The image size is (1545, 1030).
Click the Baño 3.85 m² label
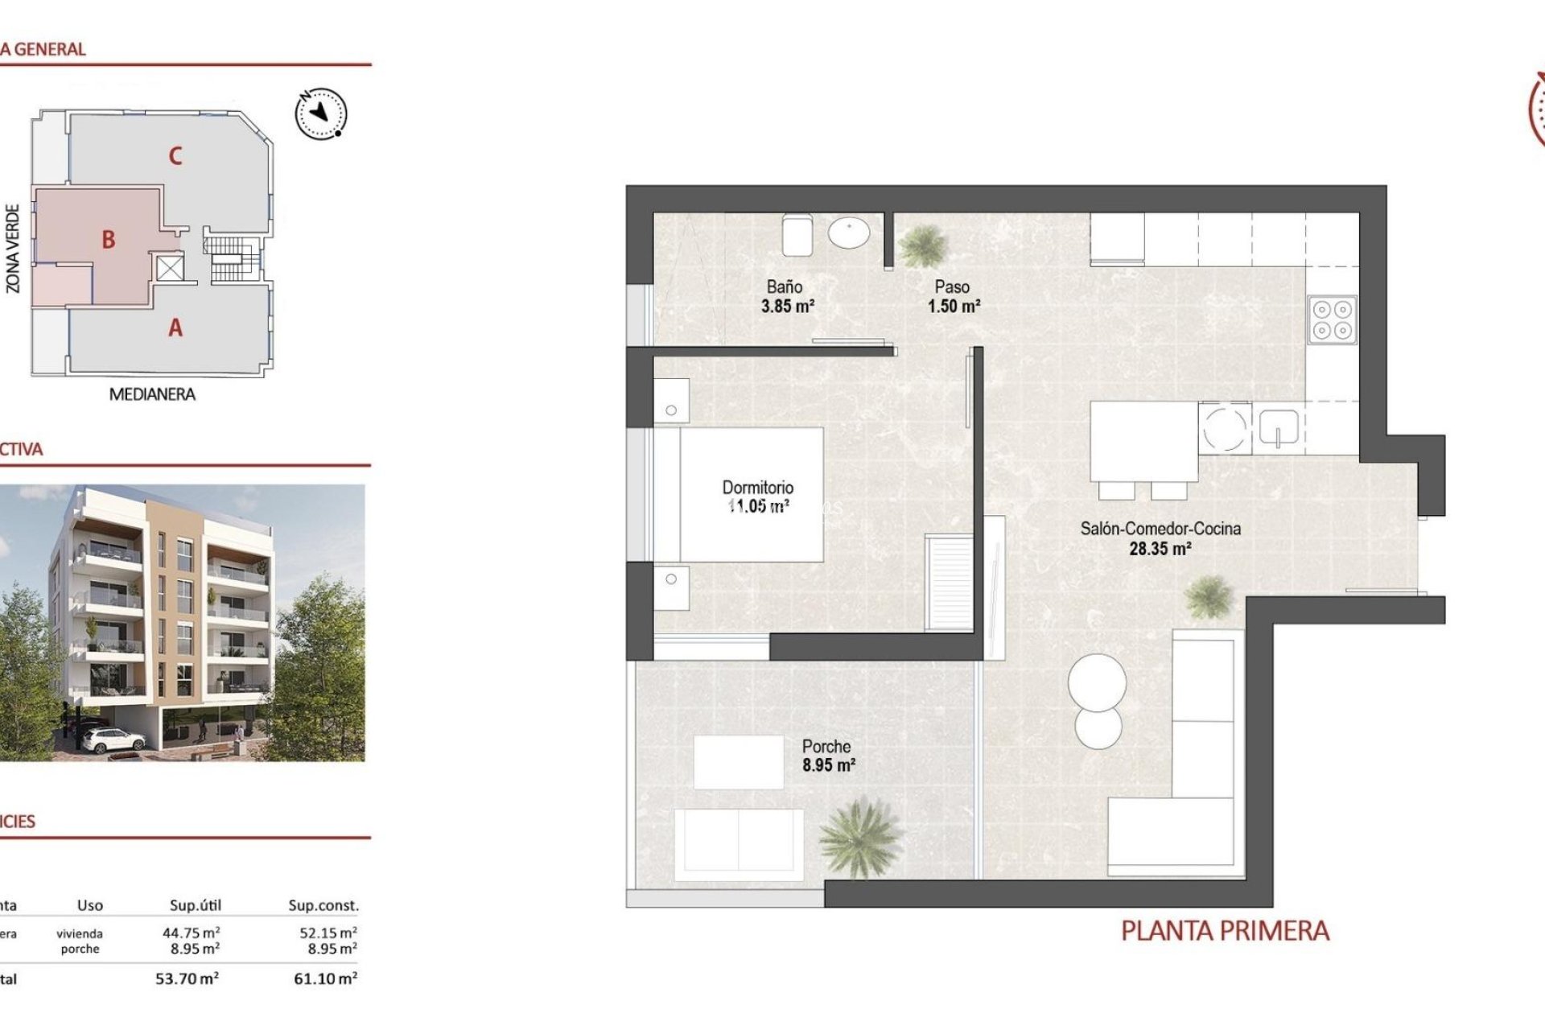tap(786, 296)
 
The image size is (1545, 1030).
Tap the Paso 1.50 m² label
tap(953, 296)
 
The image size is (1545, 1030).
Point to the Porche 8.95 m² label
tap(827, 756)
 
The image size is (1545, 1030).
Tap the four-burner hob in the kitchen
tap(1332, 320)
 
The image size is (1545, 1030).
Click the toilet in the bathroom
tap(797, 234)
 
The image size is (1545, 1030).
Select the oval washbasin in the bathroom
tap(849, 234)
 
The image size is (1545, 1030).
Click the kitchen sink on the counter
tap(1278, 427)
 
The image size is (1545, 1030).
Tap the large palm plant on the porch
tap(859, 838)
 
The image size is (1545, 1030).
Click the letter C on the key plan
tap(175, 156)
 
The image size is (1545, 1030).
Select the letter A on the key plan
tap(175, 328)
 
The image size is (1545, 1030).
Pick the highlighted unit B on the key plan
tap(108, 240)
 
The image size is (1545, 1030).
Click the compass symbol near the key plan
tap(321, 113)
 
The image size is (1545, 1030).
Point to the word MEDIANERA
tap(152, 394)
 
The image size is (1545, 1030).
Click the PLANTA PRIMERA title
tap(1224, 931)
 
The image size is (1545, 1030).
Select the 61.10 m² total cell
tap(325, 979)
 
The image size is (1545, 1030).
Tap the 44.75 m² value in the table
tap(191, 933)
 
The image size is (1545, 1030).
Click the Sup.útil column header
tap(195, 905)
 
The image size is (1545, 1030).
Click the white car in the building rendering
tap(112, 739)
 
